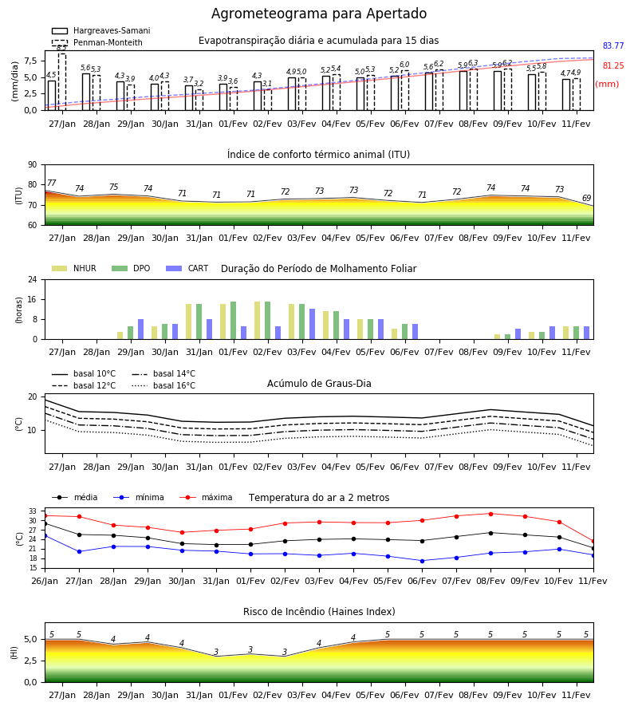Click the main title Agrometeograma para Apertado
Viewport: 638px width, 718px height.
coord(318,14)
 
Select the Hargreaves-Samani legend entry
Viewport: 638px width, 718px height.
coord(100,30)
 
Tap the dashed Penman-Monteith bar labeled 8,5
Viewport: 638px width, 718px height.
coord(61,82)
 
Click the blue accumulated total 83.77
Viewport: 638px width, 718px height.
coord(613,45)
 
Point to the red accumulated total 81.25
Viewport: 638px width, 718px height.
coord(613,66)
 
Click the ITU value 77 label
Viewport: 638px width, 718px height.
coord(51,183)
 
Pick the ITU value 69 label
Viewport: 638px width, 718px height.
coord(586,199)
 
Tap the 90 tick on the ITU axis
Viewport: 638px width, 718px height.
coord(33,165)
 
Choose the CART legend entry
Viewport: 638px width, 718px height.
coord(187,268)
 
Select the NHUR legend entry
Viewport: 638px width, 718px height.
coord(74,268)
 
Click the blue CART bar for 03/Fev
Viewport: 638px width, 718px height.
coord(312,324)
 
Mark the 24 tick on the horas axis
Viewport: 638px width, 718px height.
coord(33,279)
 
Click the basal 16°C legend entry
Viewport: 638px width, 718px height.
coord(163,386)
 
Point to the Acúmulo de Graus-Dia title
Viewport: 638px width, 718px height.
coord(319,384)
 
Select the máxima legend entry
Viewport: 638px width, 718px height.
coord(206,497)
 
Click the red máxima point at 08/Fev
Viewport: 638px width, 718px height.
coord(490,514)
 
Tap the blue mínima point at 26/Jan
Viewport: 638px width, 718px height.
coord(45,535)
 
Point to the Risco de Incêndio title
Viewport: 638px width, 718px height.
coord(319,612)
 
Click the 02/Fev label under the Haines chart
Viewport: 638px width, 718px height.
coord(267,695)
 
